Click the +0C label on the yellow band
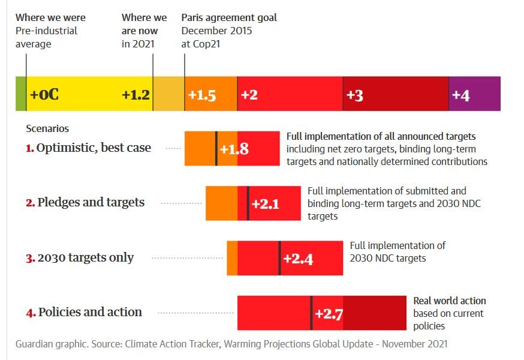click(44, 95)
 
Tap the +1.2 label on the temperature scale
click(135, 95)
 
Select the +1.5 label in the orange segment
click(202, 95)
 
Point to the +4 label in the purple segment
click(460, 95)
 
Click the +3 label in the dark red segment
click(355, 95)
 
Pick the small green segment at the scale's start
click(21, 94)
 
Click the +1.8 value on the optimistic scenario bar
click(234, 149)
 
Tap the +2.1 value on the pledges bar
click(266, 204)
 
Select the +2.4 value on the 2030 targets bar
click(298, 259)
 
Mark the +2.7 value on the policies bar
click(329, 314)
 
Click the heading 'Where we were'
click(50, 17)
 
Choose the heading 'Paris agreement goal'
click(229, 17)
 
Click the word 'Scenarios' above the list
click(47, 128)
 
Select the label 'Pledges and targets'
click(91, 202)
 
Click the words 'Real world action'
click(450, 301)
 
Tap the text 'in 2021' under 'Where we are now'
click(138, 43)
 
